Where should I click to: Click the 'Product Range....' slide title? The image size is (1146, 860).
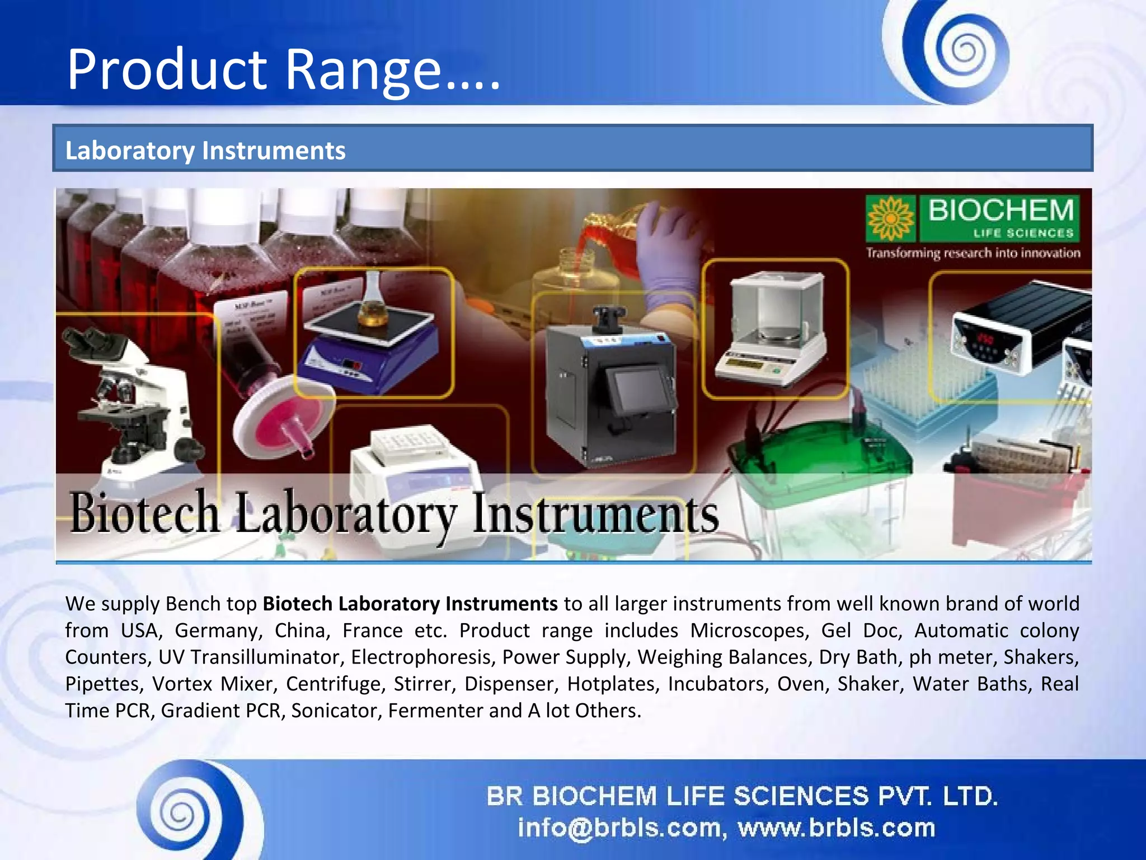(283, 69)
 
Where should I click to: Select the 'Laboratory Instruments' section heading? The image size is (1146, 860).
(205, 151)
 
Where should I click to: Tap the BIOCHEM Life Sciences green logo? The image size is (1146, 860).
(973, 218)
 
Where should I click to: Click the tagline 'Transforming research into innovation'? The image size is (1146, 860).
(973, 253)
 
